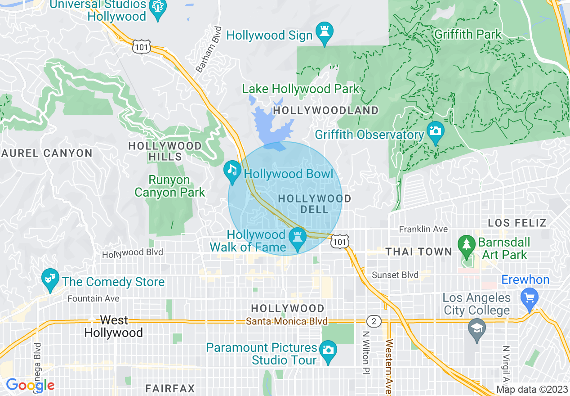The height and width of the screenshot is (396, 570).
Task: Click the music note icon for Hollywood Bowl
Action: (232, 171)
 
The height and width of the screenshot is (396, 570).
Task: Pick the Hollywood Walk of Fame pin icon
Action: (297, 238)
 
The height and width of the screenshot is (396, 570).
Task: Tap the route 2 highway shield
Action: (373, 321)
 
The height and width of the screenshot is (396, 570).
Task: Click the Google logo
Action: (30, 385)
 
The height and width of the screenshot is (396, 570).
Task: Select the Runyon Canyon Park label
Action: (170, 186)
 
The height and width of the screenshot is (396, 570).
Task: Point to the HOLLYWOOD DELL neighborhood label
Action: (315, 204)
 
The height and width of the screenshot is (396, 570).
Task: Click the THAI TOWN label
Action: (419, 252)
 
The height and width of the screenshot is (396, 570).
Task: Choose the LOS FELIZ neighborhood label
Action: (517, 223)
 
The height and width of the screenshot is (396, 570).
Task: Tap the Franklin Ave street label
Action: (423, 229)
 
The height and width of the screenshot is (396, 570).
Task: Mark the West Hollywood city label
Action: (114, 327)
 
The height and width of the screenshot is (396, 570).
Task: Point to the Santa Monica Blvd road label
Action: (287, 321)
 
